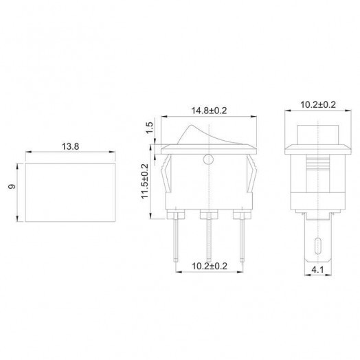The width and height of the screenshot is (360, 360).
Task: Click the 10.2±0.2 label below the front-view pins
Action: click(x=207, y=266)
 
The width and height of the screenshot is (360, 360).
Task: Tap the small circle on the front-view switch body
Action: click(x=208, y=162)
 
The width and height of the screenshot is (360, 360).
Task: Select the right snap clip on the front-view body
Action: click(x=252, y=175)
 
